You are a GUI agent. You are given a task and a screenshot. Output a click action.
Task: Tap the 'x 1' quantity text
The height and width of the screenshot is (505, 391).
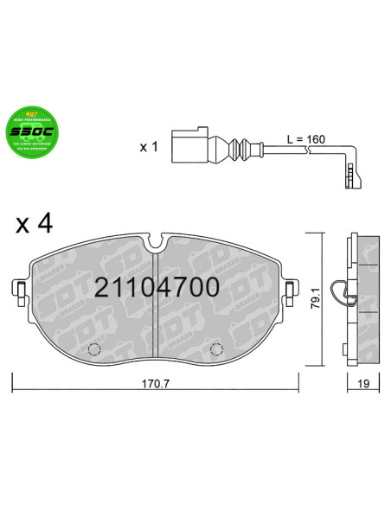click(x=149, y=146)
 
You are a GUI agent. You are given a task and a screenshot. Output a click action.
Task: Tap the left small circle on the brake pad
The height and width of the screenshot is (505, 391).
click(x=96, y=350)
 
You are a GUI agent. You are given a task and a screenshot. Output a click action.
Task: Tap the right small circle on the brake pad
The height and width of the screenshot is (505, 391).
click(x=216, y=350)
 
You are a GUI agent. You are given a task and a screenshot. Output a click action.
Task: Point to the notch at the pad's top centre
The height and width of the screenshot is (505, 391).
click(x=156, y=240)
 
